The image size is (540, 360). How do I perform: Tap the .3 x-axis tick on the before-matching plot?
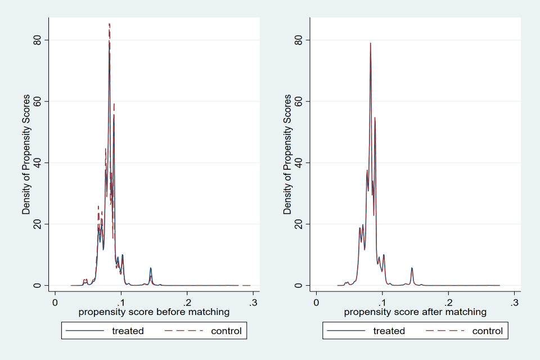(253, 301)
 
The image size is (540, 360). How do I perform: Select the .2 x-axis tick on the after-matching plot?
(448, 301)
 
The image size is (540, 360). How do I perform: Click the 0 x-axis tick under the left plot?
(55, 301)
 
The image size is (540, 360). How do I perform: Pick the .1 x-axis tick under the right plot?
(382, 301)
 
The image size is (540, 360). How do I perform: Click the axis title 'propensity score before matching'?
(154, 312)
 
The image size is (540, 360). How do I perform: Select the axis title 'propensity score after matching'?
(415, 312)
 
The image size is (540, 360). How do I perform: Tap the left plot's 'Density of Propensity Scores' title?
(26, 155)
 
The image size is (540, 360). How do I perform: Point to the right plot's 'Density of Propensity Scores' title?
(287, 155)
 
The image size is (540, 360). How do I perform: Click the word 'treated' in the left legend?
(128, 331)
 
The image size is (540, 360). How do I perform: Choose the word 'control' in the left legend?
(226, 331)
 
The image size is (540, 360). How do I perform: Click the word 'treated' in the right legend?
(389, 331)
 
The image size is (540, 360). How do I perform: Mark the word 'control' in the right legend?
(488, 331)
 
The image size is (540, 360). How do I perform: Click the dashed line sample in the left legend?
(183, 331)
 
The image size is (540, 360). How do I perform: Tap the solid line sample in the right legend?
(345, 331)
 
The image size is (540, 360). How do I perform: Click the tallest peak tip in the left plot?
(109, 24)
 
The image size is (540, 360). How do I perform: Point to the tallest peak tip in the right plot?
(370, 43)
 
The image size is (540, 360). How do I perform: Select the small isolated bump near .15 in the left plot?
(151, 269)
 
